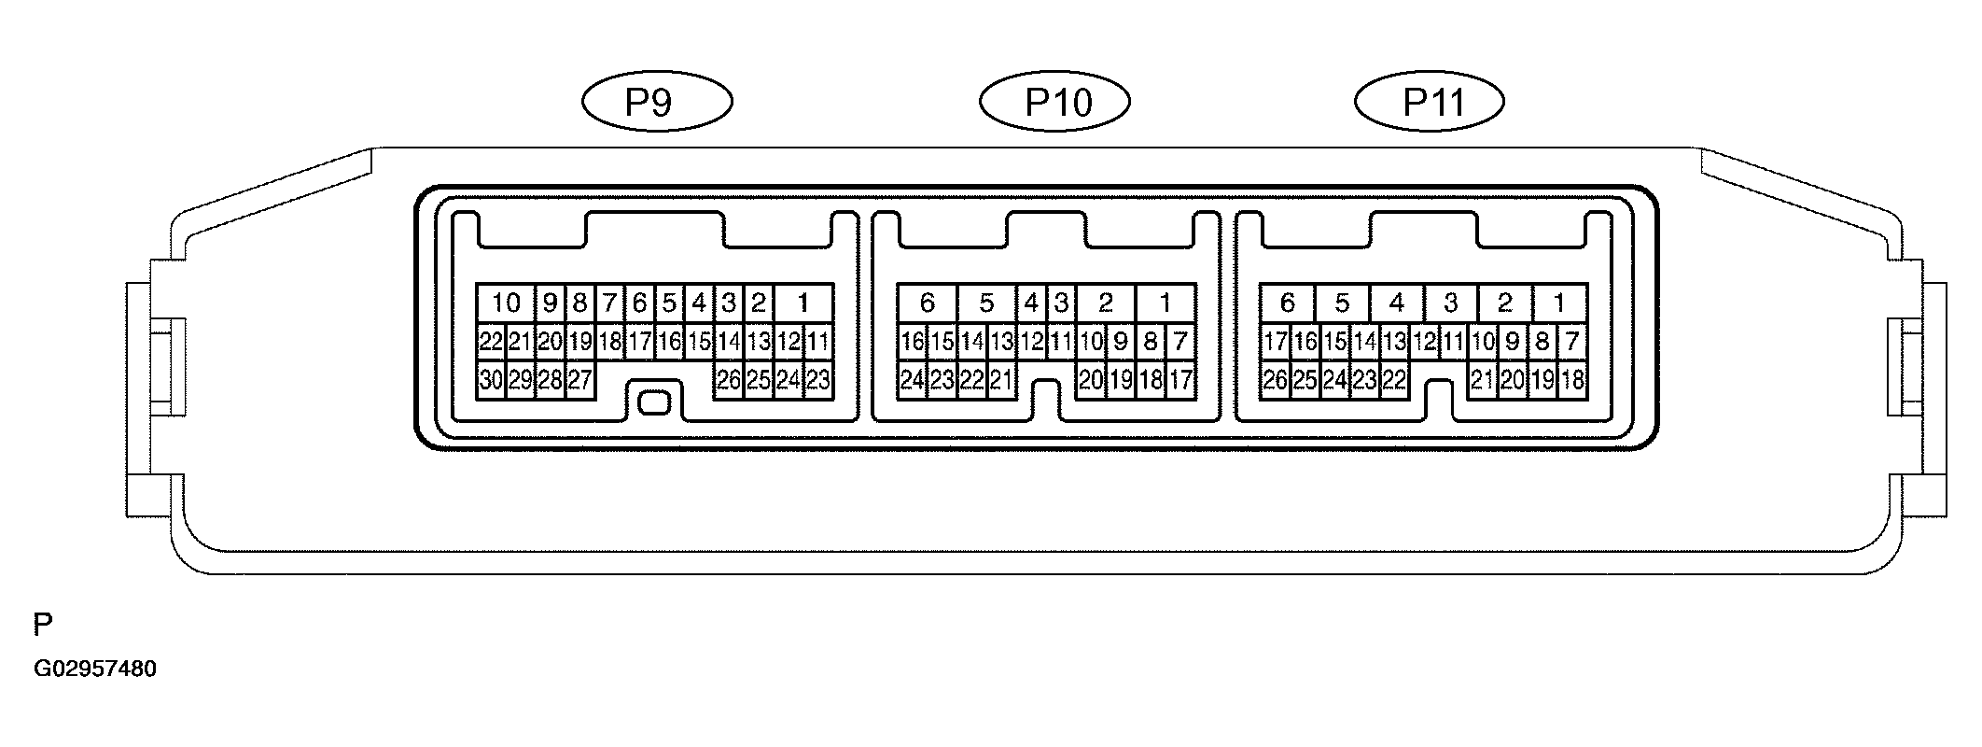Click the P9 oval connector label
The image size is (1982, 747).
click(x=657, y=102)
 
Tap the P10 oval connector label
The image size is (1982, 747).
click(x=1054, y=102)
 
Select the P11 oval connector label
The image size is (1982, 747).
click(x=1430, y=102)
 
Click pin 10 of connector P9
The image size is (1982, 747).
click(x=506, y=303)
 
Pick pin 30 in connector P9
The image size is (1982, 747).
click(x=491, y=380)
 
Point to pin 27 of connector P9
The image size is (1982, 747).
click(x=580, y=380)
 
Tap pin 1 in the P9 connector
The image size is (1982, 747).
click(x=803, y=303)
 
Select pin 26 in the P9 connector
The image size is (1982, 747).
click(x=729, y=380)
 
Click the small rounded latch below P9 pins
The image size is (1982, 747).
click(x=653, y=402)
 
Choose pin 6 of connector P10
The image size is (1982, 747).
click(x=927, y=303)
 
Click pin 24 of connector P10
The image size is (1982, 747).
click(x=912, y=380)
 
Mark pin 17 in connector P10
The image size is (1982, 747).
click(x=1180, y=380)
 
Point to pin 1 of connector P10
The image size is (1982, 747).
click(x=1165, y=303)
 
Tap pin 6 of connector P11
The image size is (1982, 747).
click(x=1288, y=303)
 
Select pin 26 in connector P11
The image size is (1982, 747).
click(x=1275, y=380)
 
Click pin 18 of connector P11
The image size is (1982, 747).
click(x=1572, y=380)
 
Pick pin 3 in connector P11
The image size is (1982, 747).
click(x=1451, y=303)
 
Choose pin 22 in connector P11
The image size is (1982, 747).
click(x=1394, y=380)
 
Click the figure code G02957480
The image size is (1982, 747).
click(x=95, y=669)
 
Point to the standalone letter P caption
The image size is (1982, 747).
click(x=43, y=625)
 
